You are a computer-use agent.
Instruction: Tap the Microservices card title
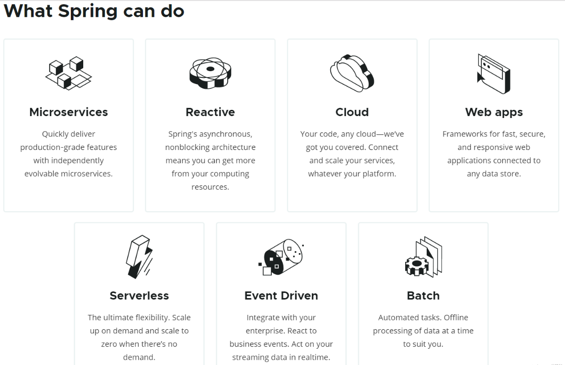[68, 112]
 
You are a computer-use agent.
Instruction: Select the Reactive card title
[210, 112]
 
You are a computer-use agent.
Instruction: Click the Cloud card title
[352, 112]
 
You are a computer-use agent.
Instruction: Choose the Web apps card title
[494, 112]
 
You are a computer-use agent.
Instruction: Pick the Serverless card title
[139, 296]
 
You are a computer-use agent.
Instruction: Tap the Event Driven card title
[281, 296]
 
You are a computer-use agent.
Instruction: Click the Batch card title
[423, 296]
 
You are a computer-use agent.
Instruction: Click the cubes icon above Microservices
[68, 73]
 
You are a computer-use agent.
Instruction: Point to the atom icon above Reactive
[210, 73]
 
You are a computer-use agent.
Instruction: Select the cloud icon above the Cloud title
[352, 73]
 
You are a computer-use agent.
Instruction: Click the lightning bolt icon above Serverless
[139, 257]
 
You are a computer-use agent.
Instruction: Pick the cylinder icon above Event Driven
[281, 257]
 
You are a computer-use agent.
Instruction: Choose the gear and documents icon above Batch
[423, 257]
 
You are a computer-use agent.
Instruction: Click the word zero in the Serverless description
[110, 344]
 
